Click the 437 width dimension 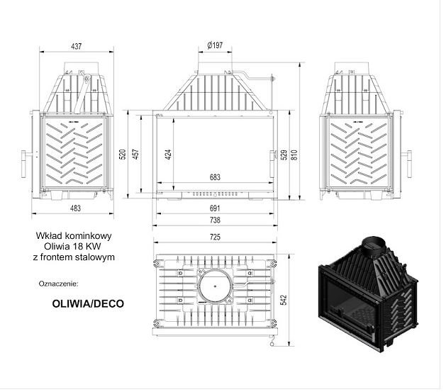(77, 46)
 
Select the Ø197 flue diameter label (215, 45)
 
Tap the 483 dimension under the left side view (75, 208)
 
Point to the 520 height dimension (123, 155)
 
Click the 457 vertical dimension (136, 155)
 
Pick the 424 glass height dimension (168, 155)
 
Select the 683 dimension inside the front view (215, 177)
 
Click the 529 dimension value (284, 155)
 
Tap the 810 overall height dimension (294, 155)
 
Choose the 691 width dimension (215, 208)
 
